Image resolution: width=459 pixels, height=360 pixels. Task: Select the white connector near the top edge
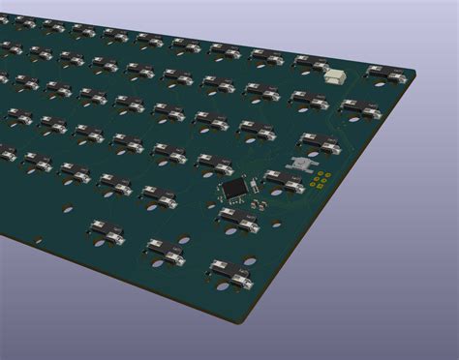point(336,75)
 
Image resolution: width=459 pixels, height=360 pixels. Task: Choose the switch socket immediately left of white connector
point(312,64)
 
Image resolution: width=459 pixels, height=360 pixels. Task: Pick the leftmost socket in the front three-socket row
point(106,229)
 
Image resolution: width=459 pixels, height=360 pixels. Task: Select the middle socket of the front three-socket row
point(166,252)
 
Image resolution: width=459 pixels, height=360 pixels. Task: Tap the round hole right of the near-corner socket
point(251,259)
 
